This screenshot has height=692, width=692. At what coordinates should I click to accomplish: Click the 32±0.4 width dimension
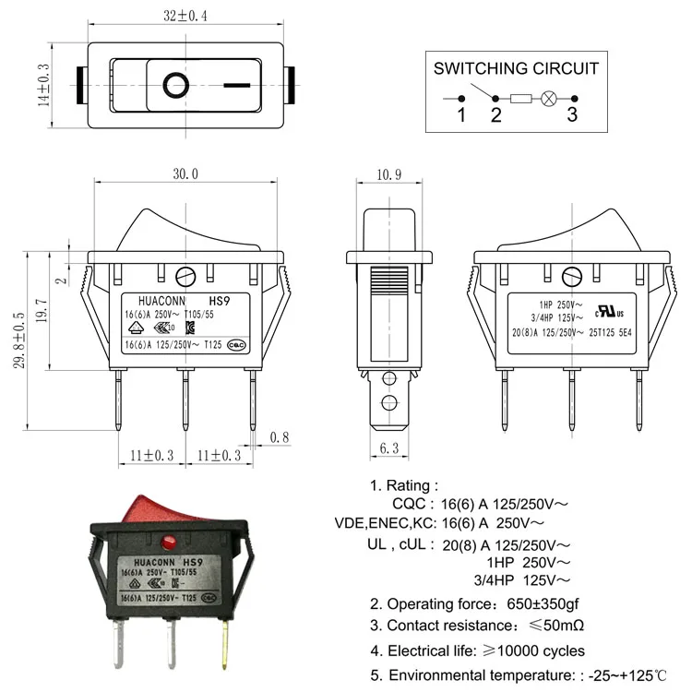[x=185, y=15]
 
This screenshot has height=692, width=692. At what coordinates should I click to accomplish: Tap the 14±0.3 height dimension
[x=42, y=86]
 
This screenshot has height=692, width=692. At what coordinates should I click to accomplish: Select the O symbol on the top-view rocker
[x=174, y=86]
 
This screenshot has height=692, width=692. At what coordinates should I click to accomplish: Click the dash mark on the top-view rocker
[x=236, y=86]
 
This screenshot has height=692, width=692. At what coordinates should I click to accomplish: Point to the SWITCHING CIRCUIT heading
[x=516, y=68]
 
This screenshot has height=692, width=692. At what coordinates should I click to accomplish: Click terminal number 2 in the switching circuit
[x=495, y=114]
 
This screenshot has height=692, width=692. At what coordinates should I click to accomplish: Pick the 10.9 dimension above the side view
[x=389, y=173]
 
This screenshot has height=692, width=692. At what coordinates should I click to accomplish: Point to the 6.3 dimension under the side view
[x=388, y=448]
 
